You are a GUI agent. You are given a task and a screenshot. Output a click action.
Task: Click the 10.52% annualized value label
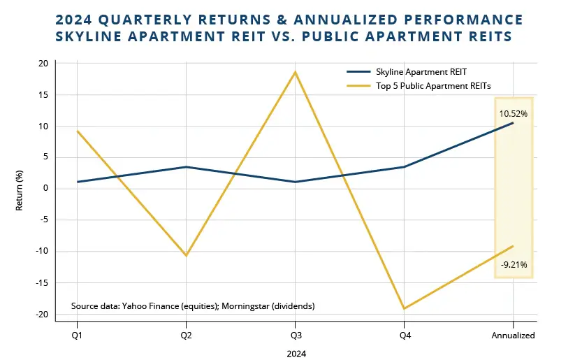(513, 113)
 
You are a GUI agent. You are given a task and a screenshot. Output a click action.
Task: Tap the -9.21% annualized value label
(514, 265)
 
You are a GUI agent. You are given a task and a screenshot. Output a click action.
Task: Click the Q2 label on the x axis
(186, 336)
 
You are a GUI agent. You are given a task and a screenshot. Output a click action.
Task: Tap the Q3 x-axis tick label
(295, 336)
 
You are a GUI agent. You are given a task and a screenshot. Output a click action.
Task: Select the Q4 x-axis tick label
(404, 336)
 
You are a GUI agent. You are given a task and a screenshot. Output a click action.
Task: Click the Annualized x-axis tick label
(513, 336)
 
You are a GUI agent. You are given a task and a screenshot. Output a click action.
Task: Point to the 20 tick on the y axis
(43, 64)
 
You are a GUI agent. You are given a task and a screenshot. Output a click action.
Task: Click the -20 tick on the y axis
(41, 315)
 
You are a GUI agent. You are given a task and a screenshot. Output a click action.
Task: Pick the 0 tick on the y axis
(45, 189)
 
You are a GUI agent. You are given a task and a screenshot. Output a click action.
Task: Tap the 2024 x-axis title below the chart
(296, 353)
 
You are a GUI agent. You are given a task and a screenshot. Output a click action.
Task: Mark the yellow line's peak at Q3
(295, 72)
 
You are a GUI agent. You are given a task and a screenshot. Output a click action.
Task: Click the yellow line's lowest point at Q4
(404, 308)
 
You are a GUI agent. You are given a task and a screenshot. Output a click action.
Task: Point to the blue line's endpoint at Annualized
(513, 123)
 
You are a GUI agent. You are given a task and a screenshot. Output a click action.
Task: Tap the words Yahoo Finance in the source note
(150, 306)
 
